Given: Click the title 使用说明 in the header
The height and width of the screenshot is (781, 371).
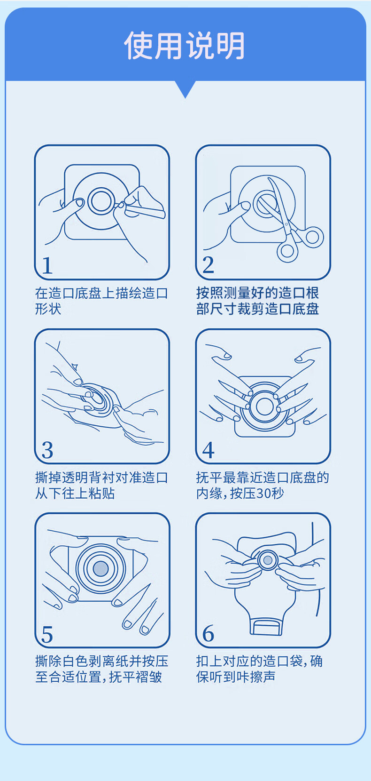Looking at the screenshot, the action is pyautogui.click(x=185, y=45).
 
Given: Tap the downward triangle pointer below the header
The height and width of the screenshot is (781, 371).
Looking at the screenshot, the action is pyautogui.click(x=185, y=89).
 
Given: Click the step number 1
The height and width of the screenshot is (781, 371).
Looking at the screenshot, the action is pyautogui.click(x=47, y=265).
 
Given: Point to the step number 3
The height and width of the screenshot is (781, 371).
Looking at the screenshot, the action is pyautogui.click(x=47, y=450).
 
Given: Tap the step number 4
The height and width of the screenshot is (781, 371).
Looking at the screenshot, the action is pyautogui.click(x=208, y=450).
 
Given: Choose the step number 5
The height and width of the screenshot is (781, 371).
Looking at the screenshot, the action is pyautogui.click(x=47, y=634).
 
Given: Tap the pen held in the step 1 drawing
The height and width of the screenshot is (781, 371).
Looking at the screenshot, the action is pyautogui.click(x=143, y=210).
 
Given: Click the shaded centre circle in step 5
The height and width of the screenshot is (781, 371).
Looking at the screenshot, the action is pyautogui.click(x=101, y=569).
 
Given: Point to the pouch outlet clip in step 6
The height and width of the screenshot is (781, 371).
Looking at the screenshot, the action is pyautogui.click(x=265, y=627).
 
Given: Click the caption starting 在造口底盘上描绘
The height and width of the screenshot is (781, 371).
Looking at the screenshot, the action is pyautogui.click(x=101, y=301).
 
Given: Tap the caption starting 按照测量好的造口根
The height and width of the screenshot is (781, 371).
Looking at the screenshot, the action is pyautogui.click(x=257, y=301).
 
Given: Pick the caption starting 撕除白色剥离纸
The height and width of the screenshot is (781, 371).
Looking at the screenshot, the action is pyautogui.click(x=101, y=669).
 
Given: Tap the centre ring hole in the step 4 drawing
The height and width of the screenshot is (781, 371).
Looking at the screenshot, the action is pyautogui.click(x=264, y=406).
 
